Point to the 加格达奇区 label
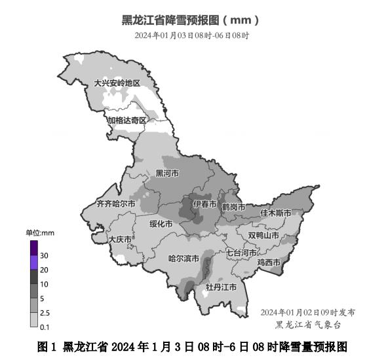pyautogui.click(x=127, y=120)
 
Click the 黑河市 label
pyautogui.click(x=167, y=173)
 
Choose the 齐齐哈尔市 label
pyautogui.click(x=115, y=204)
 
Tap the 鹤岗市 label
pyautogui.click(x=233, y=207)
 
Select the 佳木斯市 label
pyautogui.click(x=275, y=213)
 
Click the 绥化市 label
pyautogui.click(x=161, y=224)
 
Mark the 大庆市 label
pyautogui.click(x=120, y=240)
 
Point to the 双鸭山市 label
pyautogui.click(x=263, y=235)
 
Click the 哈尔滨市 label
pyautogui.click(x=184, y=259)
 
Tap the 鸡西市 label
pyautogui.click(x=269, y=262)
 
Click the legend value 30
pyautogui.click(x=44, y=255)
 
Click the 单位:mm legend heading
pyautogui.click(x=39, y=233)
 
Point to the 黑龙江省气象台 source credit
pyautogui.click(x=308, y=324)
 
